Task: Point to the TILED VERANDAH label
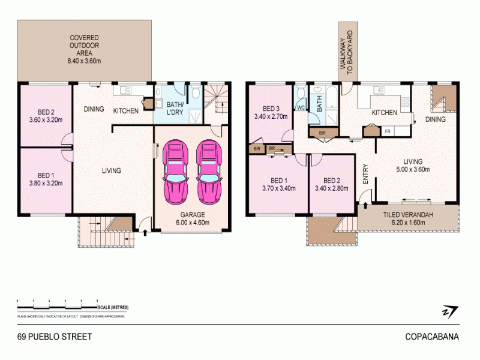point(408,218)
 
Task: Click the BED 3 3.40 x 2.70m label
point(271,112)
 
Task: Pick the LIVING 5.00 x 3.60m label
point(413,166)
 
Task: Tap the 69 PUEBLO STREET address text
point(55,337)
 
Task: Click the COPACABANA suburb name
point(431,337)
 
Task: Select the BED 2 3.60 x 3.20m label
point(47,115)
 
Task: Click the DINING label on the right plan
point(436,119)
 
